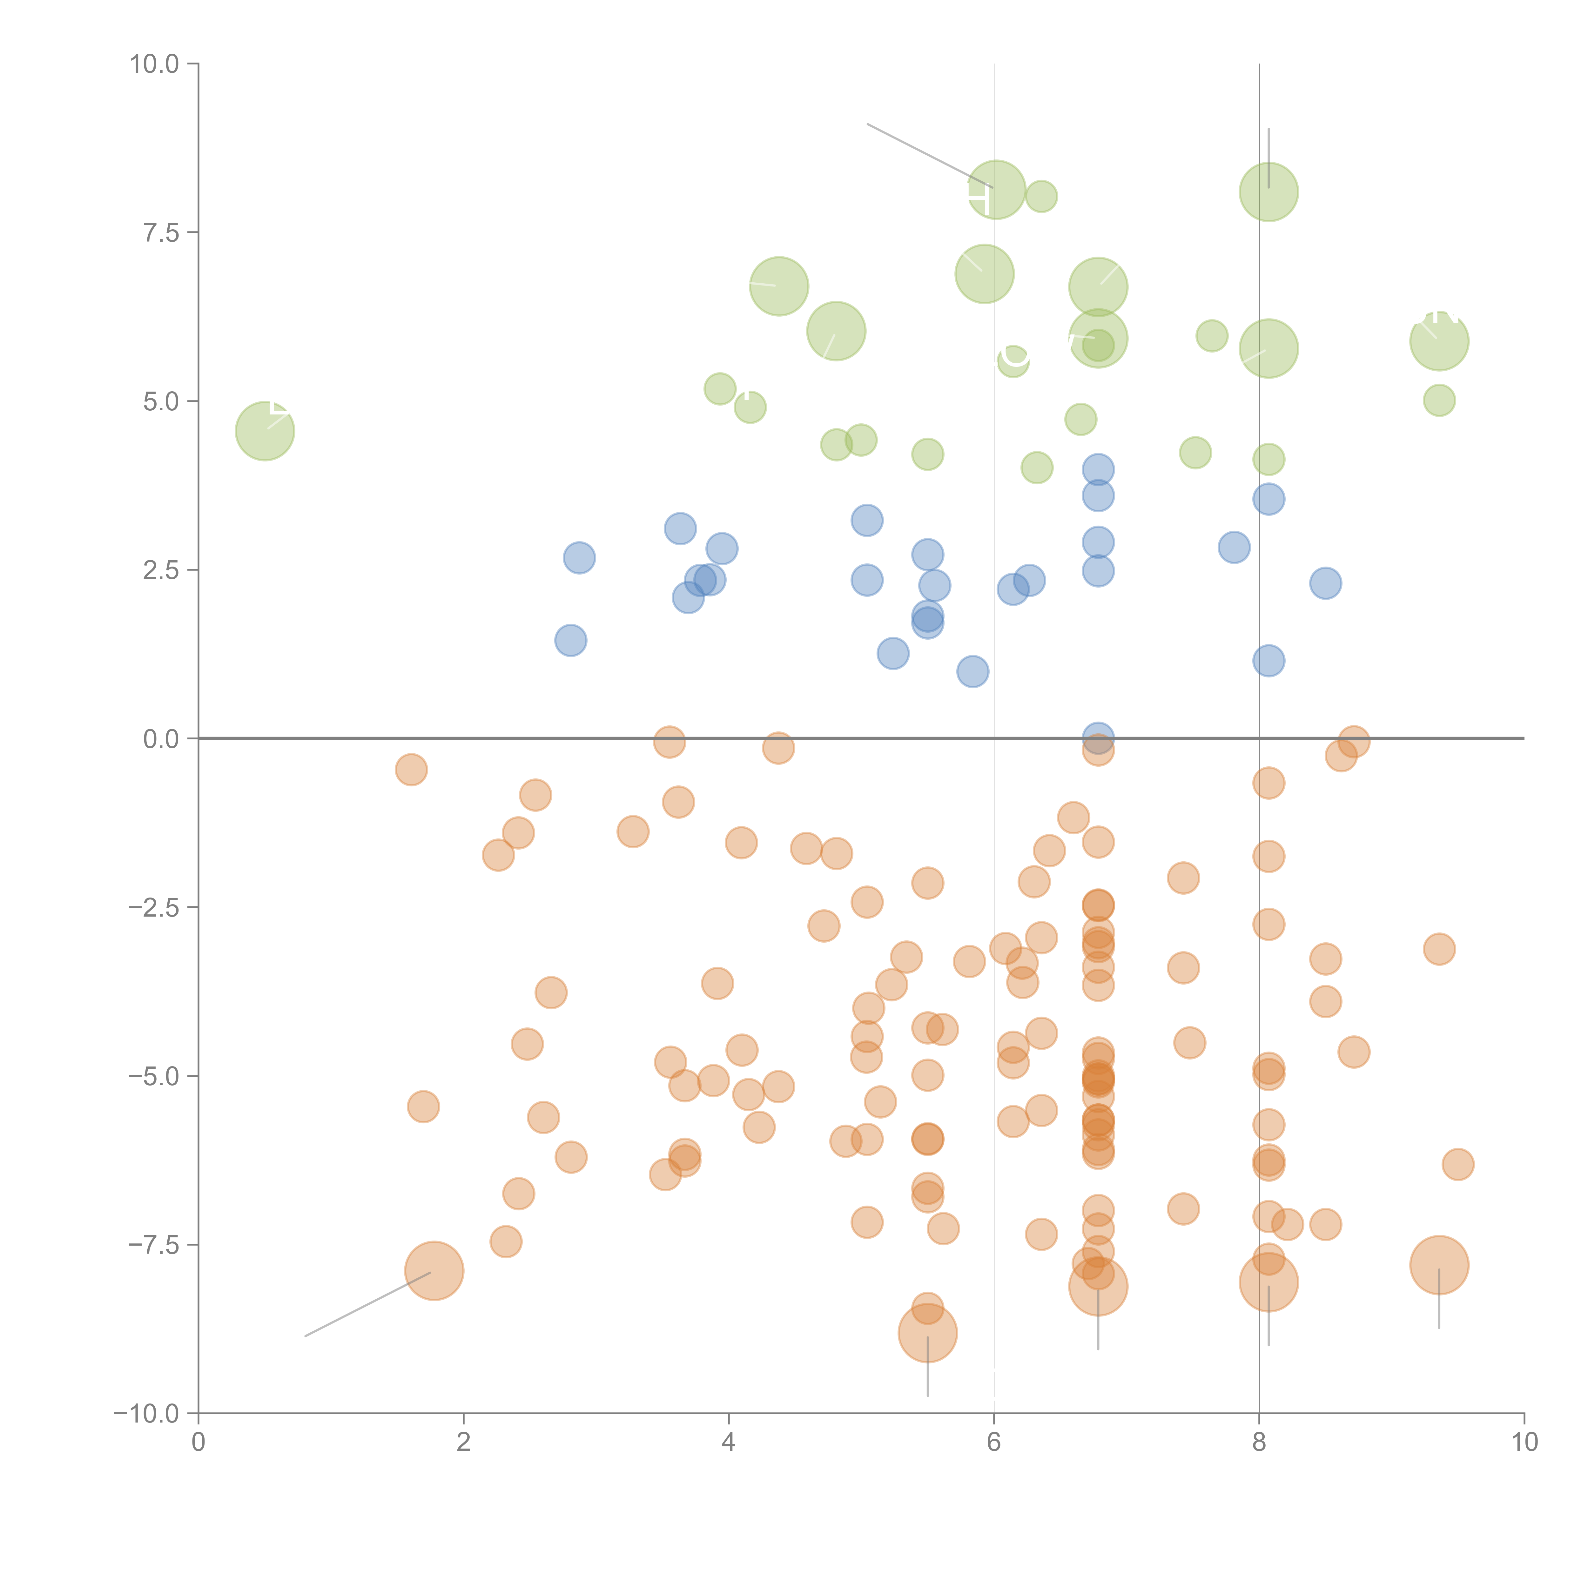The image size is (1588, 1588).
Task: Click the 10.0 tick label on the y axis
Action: point(155,64)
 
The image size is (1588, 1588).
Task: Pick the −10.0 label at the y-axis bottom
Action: point(148,1414)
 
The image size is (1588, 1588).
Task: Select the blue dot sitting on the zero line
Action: point(1098,738)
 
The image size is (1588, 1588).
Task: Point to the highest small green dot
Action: point(1041,197)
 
